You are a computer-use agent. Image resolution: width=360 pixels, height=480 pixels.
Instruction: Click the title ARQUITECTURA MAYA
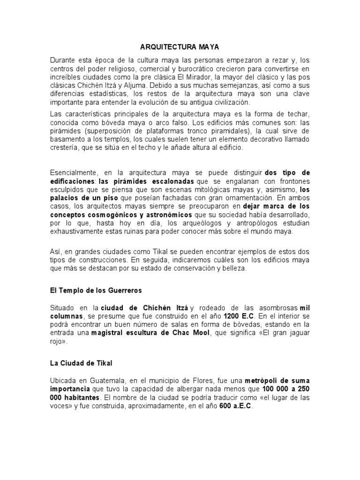(180, 47)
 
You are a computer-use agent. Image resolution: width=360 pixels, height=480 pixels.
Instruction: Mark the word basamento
(67, 139)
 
